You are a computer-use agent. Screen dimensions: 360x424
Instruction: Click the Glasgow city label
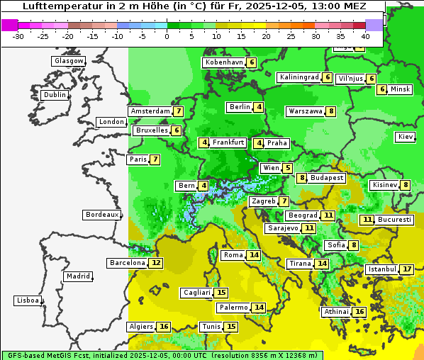(68, 61)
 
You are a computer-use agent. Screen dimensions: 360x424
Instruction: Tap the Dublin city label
(54, 95)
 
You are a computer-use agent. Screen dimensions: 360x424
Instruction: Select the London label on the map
(111, 122)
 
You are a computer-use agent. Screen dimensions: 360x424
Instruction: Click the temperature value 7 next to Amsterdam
(179, 111)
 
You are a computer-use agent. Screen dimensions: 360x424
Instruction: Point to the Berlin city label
(240, 107)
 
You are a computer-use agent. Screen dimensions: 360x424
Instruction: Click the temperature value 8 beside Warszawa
(331, 111)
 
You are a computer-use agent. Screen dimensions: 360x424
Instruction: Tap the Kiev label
(406, 137)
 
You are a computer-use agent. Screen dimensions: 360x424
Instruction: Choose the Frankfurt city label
(228, 142)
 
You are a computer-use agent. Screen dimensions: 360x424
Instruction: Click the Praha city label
(277, 143)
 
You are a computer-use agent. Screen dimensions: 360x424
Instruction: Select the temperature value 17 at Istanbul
(407, 269)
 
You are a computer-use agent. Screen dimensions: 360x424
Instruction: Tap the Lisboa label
(28, 300)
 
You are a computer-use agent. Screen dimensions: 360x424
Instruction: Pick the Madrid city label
(77, 276)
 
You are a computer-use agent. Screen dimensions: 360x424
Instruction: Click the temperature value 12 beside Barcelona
(156, 263)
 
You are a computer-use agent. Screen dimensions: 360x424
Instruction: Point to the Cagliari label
(196, 293)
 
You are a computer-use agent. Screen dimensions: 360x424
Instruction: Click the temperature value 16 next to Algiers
(164, 327)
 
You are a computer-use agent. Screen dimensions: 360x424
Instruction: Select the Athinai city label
(336, 312)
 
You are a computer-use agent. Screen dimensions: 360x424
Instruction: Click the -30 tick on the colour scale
(18, 36)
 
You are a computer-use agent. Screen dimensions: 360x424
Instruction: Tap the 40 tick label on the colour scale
(365, 36)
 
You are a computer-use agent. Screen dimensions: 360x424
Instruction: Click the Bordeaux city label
(101, 215)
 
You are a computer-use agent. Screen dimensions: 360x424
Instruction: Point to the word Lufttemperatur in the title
(60, 6)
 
